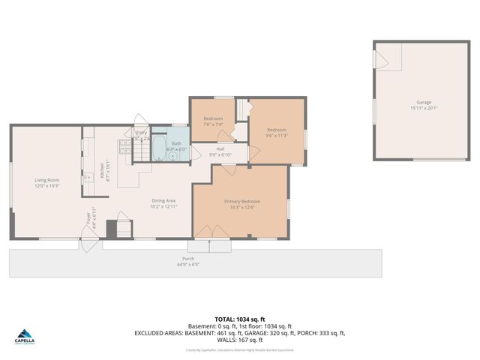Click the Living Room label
tap(46, 179)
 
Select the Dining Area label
tap(163, 200)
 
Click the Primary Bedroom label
tap(241, 201)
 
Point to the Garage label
tap(424, 102)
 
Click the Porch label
tap(187, 259)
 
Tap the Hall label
tap(220, 148)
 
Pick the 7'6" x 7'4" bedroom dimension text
tap(214, 125)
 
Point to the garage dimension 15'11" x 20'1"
tap(424, 108)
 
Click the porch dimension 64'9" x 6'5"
tap(187, 264)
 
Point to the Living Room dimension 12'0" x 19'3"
tap(46, 185)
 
